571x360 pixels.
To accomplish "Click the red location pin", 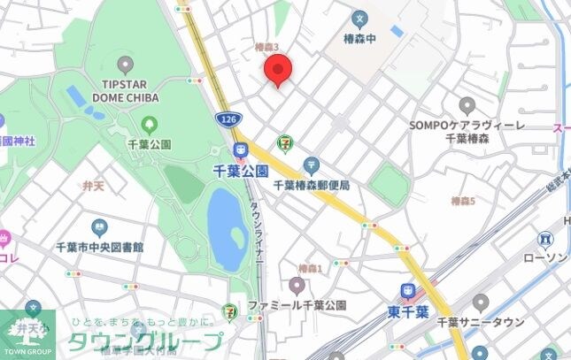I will point(279,69).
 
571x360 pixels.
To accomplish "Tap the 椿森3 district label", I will point(266,47).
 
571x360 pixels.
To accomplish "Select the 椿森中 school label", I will point(359,38).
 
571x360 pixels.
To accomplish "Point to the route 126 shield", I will point(228,117).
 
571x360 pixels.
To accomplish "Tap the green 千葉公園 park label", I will point(150,143).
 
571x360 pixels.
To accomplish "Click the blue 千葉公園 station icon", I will point(240,150).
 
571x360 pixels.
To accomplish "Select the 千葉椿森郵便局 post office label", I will point(312,185).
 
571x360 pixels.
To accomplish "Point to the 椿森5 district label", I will point(463,202).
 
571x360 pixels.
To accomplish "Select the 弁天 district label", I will point(93,185).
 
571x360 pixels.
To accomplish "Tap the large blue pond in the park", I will point(227,229).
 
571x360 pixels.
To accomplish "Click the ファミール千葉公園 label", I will point(297,305).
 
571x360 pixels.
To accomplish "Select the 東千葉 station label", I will point(408,311).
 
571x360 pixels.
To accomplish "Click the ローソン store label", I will point(549,257).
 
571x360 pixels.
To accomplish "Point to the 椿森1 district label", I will point(310,268).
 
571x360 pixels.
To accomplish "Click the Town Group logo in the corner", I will point(27,334).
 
